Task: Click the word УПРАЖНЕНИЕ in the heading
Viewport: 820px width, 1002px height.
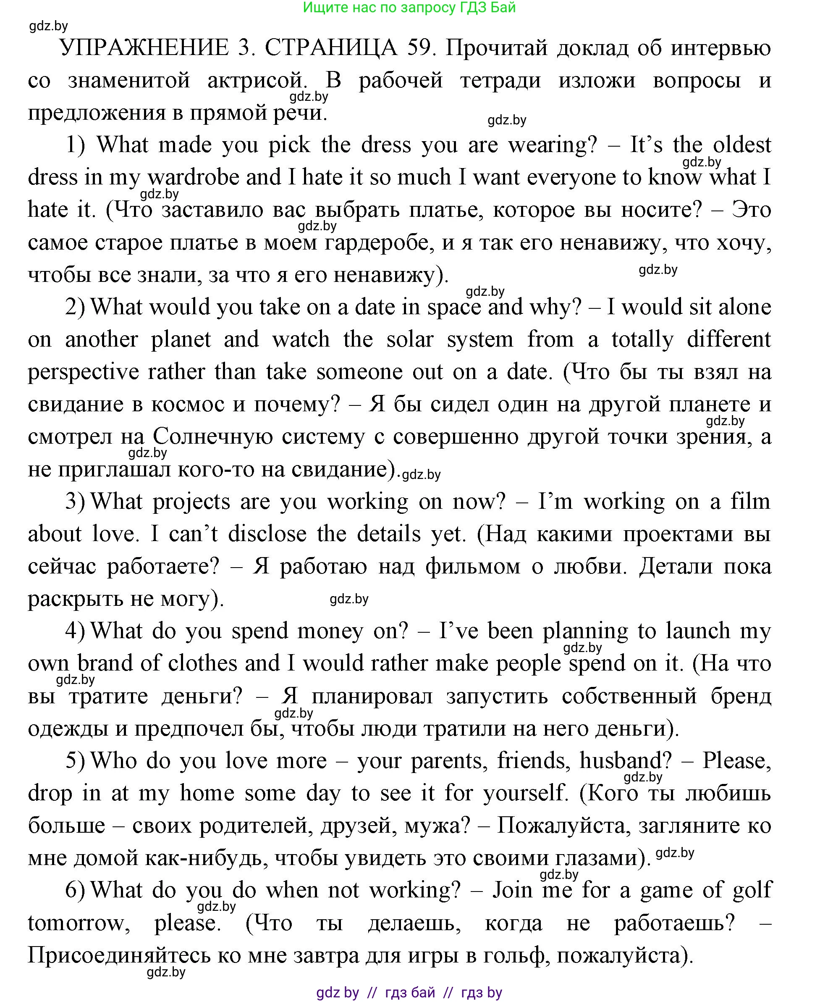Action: coord(144,48)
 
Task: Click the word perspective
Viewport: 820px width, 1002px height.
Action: coord(83,372)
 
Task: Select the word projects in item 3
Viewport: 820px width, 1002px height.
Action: coord(191,502)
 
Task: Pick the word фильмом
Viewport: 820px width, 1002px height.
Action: coord(473,567)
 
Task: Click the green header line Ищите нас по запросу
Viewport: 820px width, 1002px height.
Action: coord(409,8)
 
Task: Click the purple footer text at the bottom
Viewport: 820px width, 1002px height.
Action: coord(409,992)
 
